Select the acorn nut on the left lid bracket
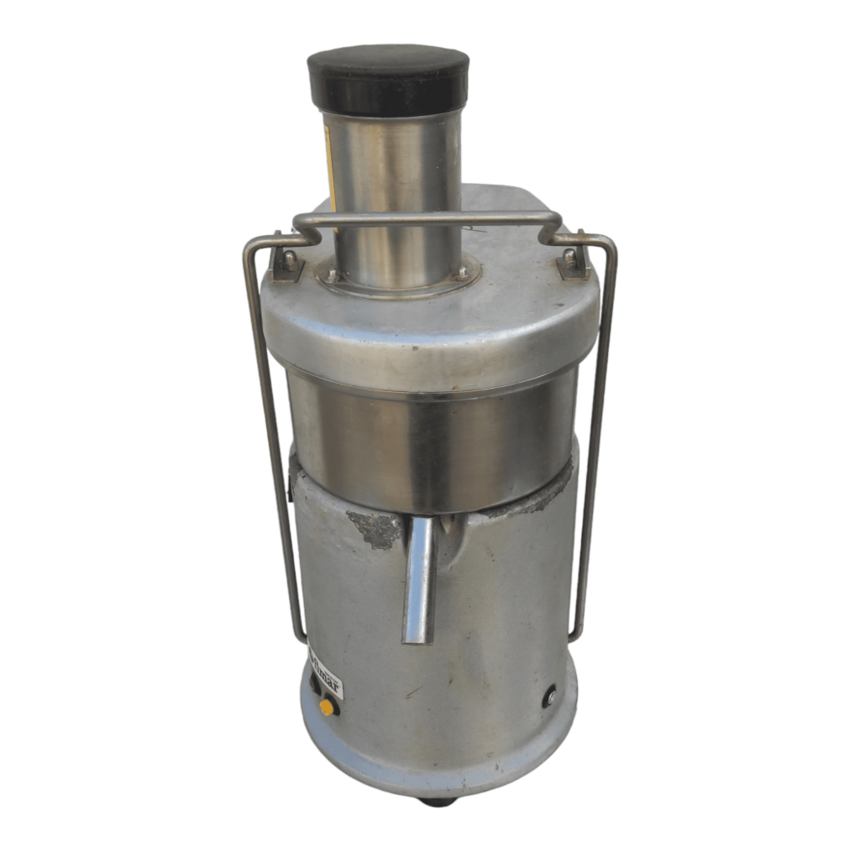click(x=289, y=259)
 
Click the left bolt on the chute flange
click(x=333, y=275)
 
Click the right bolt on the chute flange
click(x=461, y=273)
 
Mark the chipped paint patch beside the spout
click(x=376, y=529)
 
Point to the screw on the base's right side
click(x=550, y=696)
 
